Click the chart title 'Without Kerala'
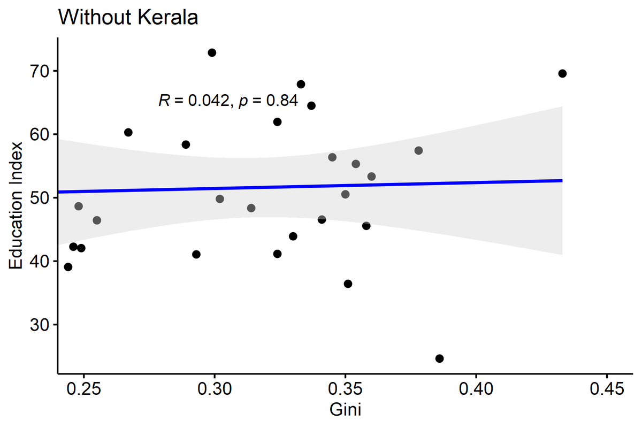click(128, 18)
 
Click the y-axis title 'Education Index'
click(17, 206)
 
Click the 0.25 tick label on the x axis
click(83, 389)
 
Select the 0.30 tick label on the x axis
click(215, 389)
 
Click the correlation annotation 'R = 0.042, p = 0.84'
click(228, 101)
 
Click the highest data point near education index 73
click(212, 52)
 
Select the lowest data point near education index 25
click(440, 358)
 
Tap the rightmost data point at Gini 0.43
click(562, 73)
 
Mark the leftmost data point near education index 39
click(68, 267)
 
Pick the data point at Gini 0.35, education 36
click(348, 284)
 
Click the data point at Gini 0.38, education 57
click(418, 150)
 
